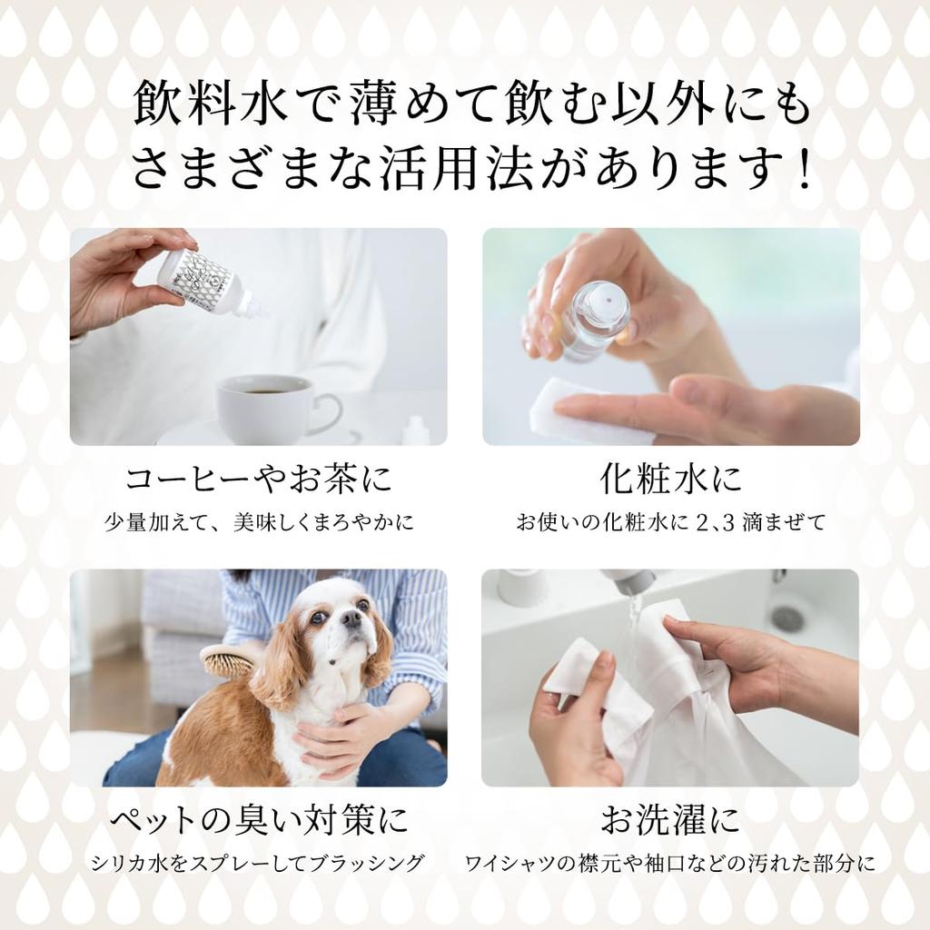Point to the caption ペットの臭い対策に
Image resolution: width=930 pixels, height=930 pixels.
point(258,821)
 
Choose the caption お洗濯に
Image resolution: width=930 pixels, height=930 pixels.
point(670,821)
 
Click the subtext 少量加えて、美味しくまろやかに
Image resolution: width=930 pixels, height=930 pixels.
point(258,522)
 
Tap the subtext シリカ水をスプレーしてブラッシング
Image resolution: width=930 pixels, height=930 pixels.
point(258,862)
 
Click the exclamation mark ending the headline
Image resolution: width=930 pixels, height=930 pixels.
point(801,171)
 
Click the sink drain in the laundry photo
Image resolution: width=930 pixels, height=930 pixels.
point(788,618)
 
